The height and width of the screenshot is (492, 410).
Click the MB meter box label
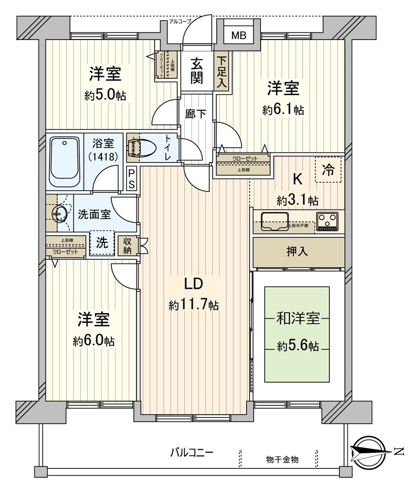[238, 36]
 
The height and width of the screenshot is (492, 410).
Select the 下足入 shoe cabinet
[222, 73]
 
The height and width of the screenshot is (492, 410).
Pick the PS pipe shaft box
[132, 179]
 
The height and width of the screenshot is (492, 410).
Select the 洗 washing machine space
[102, 243]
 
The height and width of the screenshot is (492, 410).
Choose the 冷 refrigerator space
[328, 170]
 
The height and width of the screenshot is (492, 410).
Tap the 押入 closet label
[297, 252]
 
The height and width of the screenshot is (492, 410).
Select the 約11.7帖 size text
[193, 305]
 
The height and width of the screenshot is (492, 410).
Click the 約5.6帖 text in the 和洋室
[297, 346]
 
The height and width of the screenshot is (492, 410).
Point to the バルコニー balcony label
[192, 453]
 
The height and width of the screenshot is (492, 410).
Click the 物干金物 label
[282, 459]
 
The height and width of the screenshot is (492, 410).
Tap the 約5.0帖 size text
[105, 95]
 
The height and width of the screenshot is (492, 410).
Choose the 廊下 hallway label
[196, 114]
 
